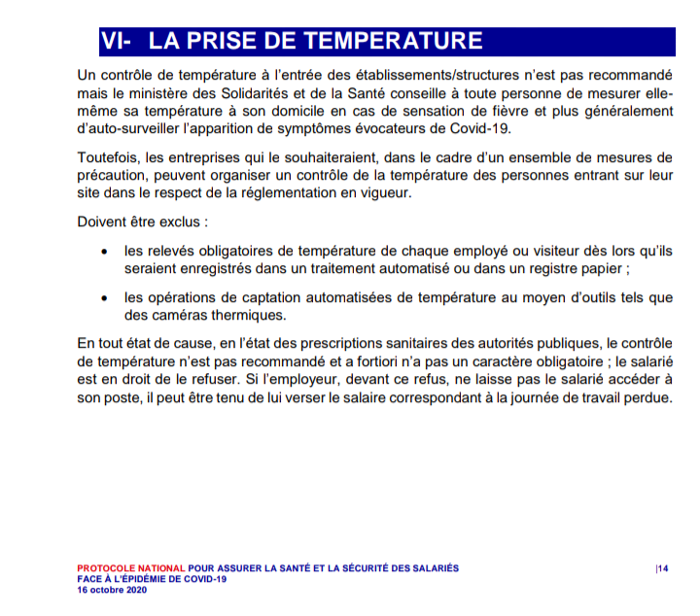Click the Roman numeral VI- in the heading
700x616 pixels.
point(117,41)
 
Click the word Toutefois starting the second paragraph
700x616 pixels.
point(107,157)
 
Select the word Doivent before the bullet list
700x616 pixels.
point(103,222)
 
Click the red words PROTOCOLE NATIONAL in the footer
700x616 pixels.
point(130,567)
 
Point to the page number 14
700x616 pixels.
point(662,568)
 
